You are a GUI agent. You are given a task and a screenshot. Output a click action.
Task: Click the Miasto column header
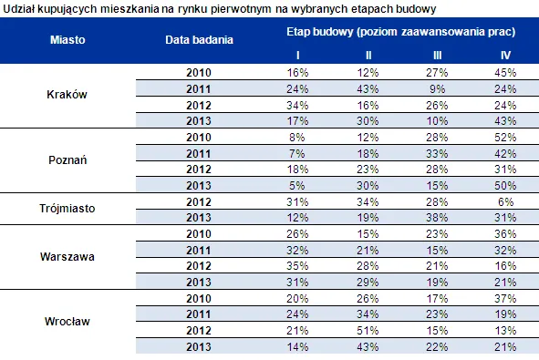tap(67, 40)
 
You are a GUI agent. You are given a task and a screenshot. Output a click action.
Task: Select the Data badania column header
tap(199, 40)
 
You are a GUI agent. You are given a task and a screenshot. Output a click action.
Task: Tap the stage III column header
tap(437, 56)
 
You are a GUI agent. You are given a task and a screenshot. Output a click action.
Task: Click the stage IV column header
tap(505, 56)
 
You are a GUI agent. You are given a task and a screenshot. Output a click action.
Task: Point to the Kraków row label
tap(67, 95)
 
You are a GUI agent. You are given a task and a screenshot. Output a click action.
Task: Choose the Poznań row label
tap(67, 160)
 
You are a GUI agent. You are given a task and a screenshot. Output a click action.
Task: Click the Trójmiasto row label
tap(67, 208)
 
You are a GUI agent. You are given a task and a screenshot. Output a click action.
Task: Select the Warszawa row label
tap(67, 257)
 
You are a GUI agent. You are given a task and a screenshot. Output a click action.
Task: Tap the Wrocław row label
tap(67, 321)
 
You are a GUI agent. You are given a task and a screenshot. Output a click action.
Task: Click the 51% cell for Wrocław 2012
tap(368, 331)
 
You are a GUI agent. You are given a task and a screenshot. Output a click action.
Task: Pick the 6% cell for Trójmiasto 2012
tap(505, 201)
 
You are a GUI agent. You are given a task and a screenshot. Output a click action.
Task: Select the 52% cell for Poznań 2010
tap(505, 138)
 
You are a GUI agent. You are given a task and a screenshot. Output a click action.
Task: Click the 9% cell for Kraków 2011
tap(437, 89)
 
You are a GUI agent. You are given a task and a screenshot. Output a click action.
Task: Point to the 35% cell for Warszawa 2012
tap(297, 266)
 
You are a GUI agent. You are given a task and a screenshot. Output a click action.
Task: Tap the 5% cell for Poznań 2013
tap(297, 186)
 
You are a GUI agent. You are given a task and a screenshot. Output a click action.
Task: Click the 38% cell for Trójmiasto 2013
tap(437, 218)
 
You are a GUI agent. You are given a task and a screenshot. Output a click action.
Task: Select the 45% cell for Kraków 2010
tap(505, 73)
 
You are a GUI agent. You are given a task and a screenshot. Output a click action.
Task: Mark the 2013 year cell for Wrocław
tap(199, 347)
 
